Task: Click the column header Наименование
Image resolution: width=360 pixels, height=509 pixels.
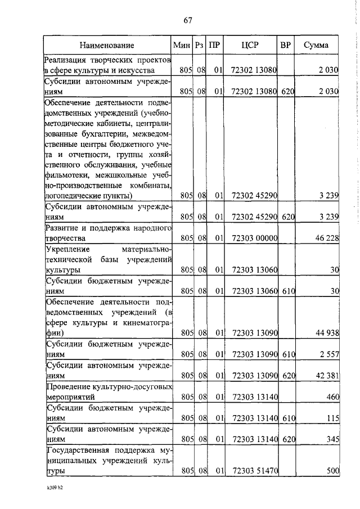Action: click(107, 45)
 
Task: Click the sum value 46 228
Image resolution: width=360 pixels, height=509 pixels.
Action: click(327, 238)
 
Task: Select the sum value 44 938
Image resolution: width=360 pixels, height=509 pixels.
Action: click(327, 334)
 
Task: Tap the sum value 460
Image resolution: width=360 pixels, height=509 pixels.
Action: click(332, 397)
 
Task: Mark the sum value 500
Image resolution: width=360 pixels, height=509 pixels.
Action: click(332, 471)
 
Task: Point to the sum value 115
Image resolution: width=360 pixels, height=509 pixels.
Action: click(332, 417)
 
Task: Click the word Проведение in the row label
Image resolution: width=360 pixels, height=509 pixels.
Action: click(67, 387)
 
